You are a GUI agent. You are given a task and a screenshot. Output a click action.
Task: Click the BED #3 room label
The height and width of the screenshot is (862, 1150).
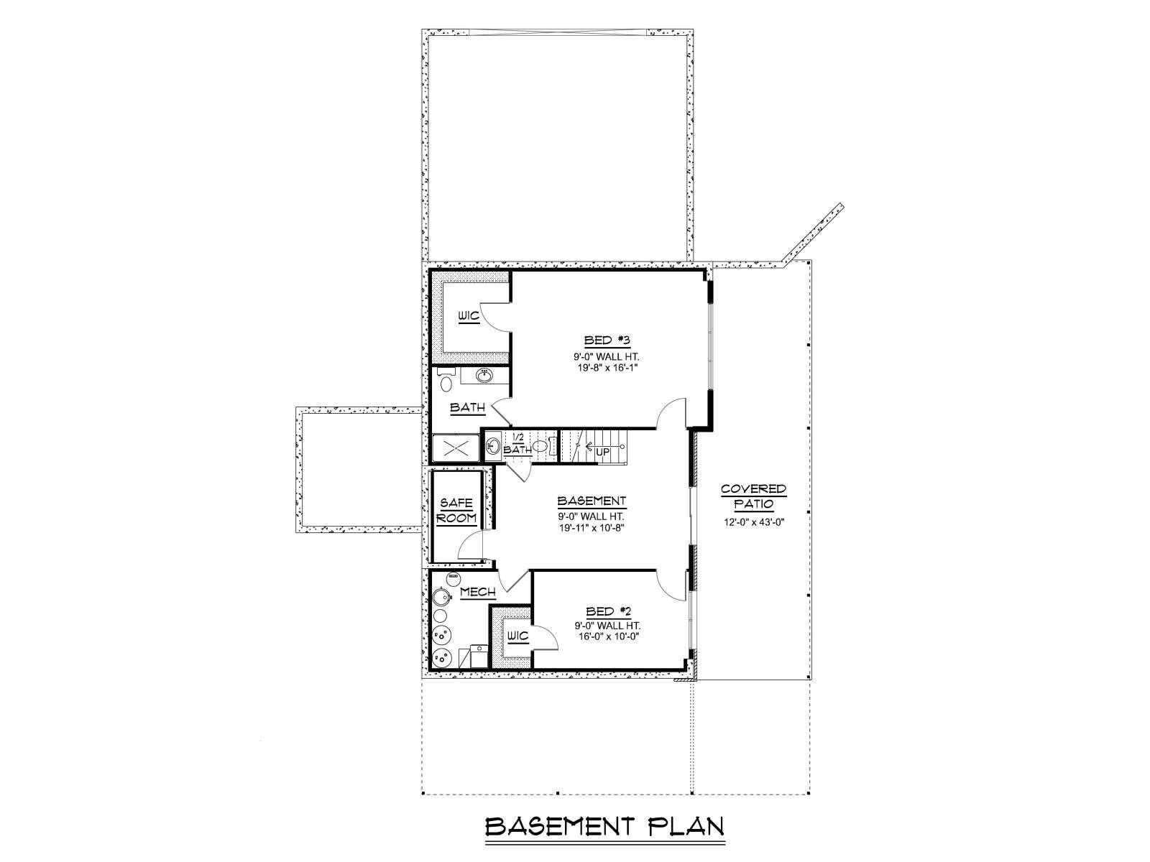(x=607, y=340)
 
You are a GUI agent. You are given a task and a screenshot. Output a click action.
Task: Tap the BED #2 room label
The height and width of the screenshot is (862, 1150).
(x=608, y=611)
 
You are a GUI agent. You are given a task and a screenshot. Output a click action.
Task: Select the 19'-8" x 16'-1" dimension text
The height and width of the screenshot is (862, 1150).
(x=607, y=367)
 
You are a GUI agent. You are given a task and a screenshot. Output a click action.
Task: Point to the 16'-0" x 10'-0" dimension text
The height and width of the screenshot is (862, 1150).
(x=608, y=637)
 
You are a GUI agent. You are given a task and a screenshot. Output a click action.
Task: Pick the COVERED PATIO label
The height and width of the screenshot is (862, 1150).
(x=754, y=496)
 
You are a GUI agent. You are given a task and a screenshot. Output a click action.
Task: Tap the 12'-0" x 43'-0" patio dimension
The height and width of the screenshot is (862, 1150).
(x=754, y=522)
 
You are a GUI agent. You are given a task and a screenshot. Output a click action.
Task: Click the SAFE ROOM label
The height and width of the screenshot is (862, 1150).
(x=457, y=511)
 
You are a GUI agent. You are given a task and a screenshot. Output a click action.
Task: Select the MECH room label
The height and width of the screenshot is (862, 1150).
(x=478, y=592)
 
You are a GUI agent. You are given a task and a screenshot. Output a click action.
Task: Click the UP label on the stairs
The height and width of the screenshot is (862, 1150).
(x=603, y=451)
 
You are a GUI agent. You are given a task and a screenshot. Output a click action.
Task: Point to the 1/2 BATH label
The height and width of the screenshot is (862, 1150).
(x=517, y=444)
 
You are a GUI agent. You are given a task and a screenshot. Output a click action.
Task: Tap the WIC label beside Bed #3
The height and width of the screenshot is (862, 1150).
(x=469, y=317)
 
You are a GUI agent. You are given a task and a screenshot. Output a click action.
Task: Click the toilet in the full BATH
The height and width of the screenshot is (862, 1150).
(x=446, y=382)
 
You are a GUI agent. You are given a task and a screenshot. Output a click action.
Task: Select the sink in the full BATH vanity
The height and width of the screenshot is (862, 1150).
(x=484, y=376)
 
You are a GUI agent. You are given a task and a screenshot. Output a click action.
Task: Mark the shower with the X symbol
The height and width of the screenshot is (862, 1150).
(x=454, y=448)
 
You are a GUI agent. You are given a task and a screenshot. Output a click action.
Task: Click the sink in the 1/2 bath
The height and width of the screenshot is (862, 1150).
(x=493, y=446)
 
